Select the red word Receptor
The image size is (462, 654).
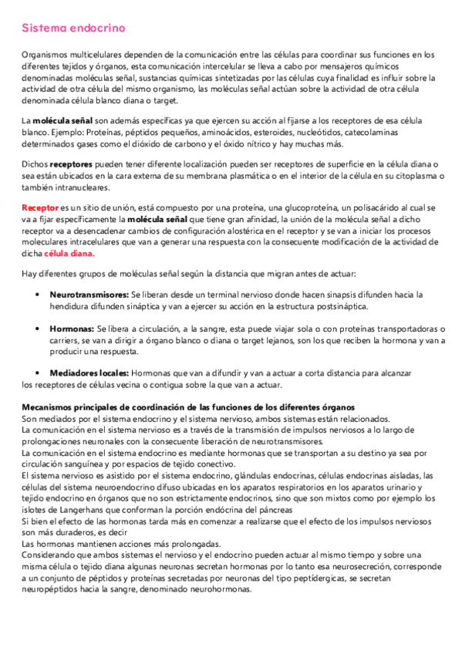point(39,208)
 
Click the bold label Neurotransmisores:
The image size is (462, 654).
point(89,295)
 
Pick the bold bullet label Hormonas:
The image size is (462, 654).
point(72,329)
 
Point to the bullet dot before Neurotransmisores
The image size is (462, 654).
point(38,295)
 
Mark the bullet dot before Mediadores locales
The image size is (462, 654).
point(38,373)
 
